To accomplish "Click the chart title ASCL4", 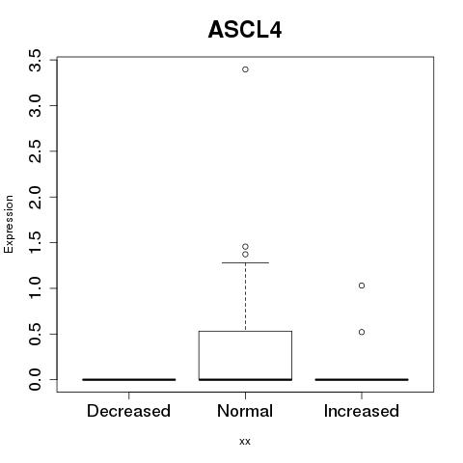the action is [245, 30].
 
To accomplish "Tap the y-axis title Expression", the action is [9, 224].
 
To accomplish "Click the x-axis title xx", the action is [245, 441].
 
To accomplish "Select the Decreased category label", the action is [128, 411].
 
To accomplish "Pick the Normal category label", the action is [245, 411].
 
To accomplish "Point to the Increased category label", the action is [362, 411].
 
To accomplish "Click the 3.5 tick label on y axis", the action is [35, 60].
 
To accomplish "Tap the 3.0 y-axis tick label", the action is [35, 106].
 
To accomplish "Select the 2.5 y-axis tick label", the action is [35, 151].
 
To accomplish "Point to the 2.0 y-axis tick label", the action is [35, 197].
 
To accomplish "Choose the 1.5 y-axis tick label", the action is [35, 243].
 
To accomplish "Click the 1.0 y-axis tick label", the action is [35, 288].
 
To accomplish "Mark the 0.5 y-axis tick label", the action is [35, 334].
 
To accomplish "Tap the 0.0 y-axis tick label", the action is [35, 380].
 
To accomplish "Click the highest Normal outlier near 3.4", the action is [245, 69].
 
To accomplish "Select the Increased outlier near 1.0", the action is [362, 286].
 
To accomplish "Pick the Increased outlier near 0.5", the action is [362, 332].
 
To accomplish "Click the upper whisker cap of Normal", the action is [245, 262].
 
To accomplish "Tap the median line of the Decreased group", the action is [129, 380].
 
